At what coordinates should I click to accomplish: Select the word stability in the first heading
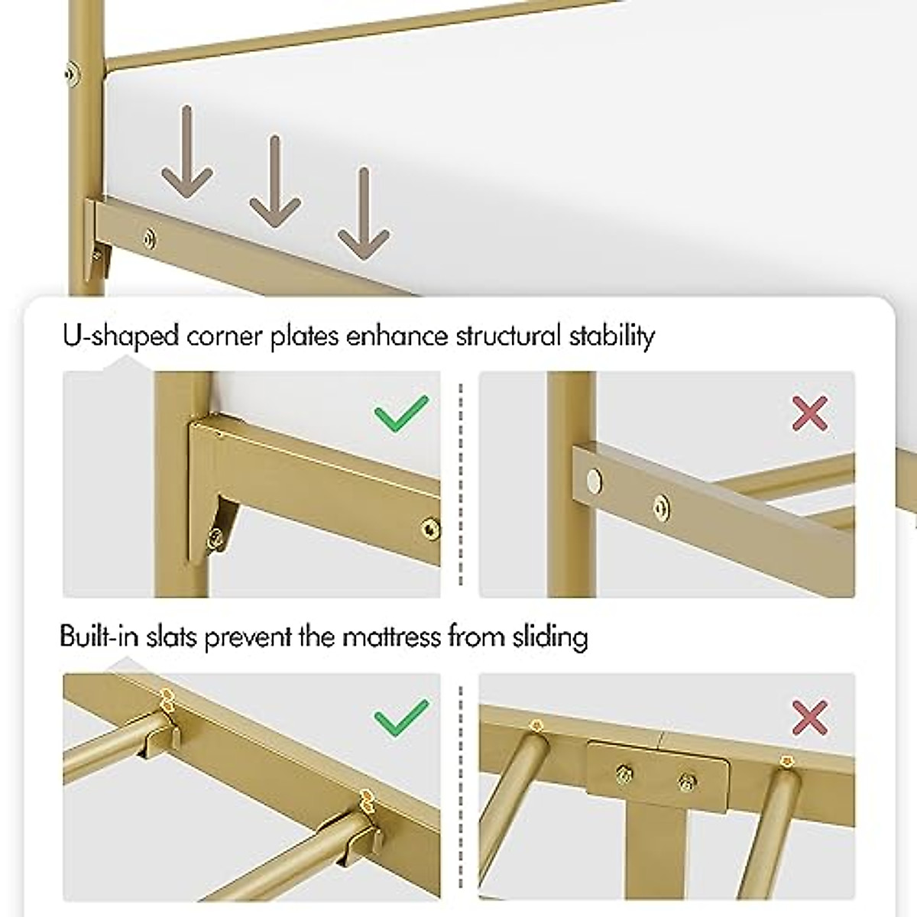tap(611, 336)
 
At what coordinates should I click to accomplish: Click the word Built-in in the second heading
tap(99, 637)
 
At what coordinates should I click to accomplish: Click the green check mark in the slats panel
tap(401, 718)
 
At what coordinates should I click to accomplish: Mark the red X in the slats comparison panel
tap(811, 718)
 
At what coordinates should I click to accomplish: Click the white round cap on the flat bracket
tap(592, 481)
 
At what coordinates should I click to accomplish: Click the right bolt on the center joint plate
tap(685, 781)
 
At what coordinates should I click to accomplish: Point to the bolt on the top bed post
tap(71, 73)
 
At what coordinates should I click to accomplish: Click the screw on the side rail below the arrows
tap(150, 238)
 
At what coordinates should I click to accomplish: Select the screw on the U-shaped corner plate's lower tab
tap(218, 537)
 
